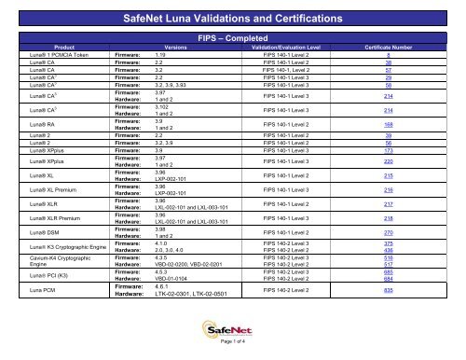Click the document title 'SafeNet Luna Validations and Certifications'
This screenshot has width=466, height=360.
point(233,18)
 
